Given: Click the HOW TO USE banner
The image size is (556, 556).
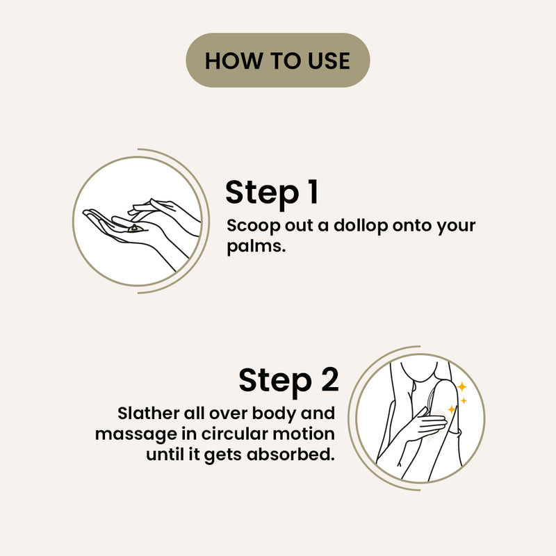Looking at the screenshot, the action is pyautogui.click(x=277, y=60).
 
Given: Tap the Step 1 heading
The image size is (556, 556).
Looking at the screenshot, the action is pyautogui.click(x=272, y=193).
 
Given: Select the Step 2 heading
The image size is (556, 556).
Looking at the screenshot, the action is pyautogui.click(x=288, y=381).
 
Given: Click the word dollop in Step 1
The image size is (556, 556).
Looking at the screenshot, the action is pyautogui.click(x=361, y=226).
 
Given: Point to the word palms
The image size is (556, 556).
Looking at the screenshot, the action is pyautogui.click(x=256, y=247).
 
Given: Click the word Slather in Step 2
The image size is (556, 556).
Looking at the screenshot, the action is pyautogui.click(x=148, y=414).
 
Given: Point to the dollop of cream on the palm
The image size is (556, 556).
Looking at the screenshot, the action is pyautogui.click(x=135, y=229).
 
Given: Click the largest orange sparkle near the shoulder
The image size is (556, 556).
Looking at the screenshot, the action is pyautogui.click(x=461, y=386).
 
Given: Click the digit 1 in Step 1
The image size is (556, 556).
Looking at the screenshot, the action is pyautogui.click(x=313, y=192).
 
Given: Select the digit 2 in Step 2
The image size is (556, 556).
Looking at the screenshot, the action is pyautogui.click(x=329, y=379).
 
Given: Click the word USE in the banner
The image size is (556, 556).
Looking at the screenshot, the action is pyautogui.click(x=328, y=60).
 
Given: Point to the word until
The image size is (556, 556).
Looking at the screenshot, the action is pyautogui.click(x=167, y=455).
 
